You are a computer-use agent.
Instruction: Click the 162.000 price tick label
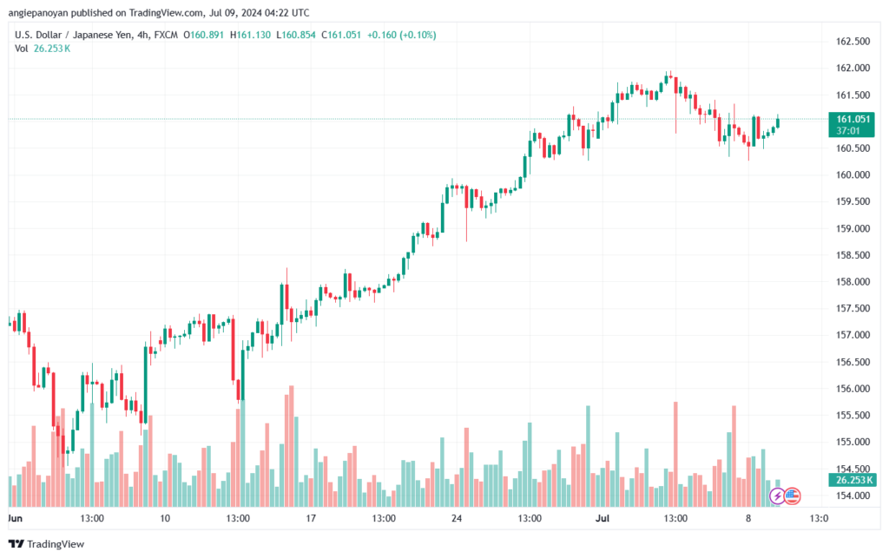click(x=853, y=68)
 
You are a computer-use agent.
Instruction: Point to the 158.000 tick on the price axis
click(x=853, y=282)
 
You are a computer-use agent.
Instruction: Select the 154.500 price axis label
click(x=853, y=469)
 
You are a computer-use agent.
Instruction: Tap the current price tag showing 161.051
click(x=852, y=125)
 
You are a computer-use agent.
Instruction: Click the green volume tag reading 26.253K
click(x=853, y=481)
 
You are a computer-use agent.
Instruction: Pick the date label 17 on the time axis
click(x=311, y=518)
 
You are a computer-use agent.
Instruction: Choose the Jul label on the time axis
click(x=603, y=518)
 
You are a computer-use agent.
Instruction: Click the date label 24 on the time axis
click(x=457, y=518)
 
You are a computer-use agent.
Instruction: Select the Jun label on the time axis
click(x=16, y=518)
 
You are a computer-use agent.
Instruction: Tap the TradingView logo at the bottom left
click(x=47, y=544)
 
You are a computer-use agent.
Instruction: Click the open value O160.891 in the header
click(x=203, y=35)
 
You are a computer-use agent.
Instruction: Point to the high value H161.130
click(x=250, y=35)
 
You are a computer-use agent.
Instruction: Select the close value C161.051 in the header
click(x=341, y=35)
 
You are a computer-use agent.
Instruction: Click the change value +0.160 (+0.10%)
click(x=401, y=35)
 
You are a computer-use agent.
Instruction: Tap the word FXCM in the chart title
click(x=166, y=35)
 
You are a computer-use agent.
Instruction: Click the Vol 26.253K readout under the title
click(x=43, y=49)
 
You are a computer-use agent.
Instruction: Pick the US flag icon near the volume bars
click(x=792, y=496)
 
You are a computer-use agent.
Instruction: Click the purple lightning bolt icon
click(x=777, y=496)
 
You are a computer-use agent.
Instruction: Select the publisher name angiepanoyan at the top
click(x=38, y=13)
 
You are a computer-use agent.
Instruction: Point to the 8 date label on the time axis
click(x=748, y=518)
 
